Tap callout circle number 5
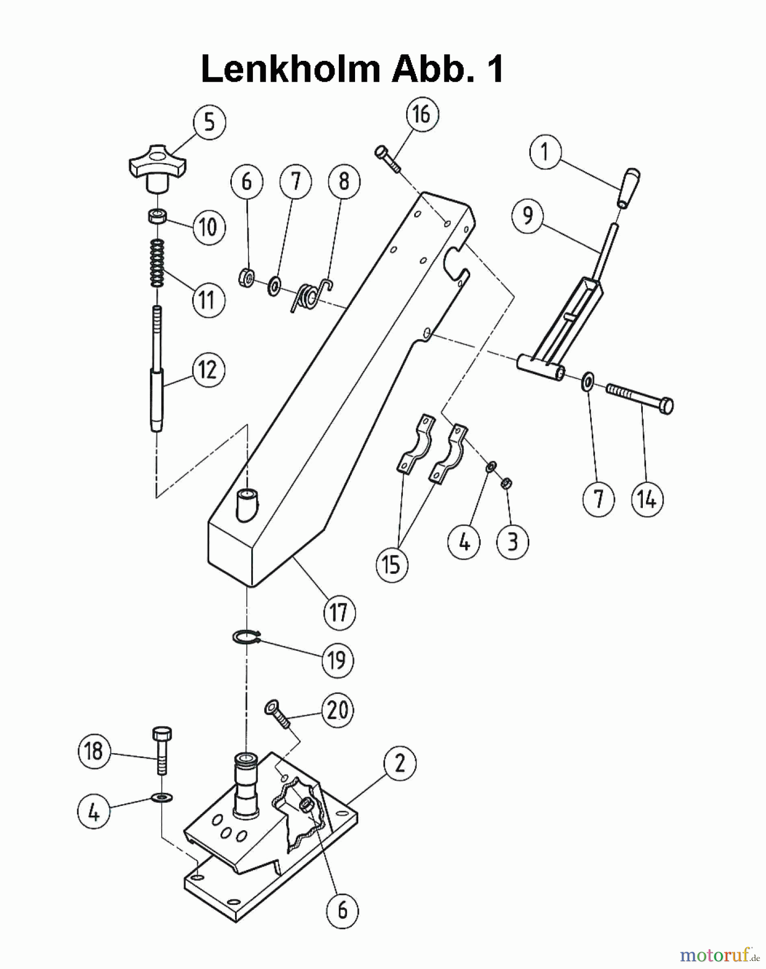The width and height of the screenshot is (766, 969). pyautogui.click(x=209, y=122)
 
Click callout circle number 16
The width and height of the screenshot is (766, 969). pyautogui.click(x=422, y=115)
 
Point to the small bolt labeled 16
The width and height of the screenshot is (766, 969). pyautogui.click(x=387, y=159)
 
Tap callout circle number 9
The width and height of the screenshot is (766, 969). pyautogui.click(x=528, y=216)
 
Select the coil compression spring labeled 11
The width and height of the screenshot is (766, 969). pyautogui.click(x=157, y=263)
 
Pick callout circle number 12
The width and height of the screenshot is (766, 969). pyautogui.click(x=208, y=370)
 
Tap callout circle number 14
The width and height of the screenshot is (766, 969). pyautogui.click(x=647, y=500)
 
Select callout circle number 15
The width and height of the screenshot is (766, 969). pyautogui.click(x=392, y=565)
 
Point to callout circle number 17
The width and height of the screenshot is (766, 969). pyautogui.click(x=339, y=612)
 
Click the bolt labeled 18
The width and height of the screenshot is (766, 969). pyautogui.click(x=162, y=750)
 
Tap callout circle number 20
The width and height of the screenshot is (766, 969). pyautogui.click(x=337, y=710)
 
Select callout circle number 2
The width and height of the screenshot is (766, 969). pyautogui.click(x=400, y=763)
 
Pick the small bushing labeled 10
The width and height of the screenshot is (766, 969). pyautogui.click(x=157, y=216)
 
